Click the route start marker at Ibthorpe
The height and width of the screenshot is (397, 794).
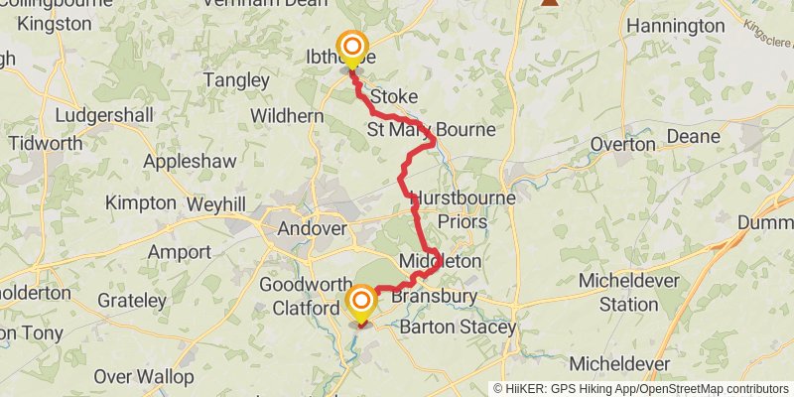(x=351, y=48)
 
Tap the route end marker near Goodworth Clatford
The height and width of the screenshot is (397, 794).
(x=360, y=302)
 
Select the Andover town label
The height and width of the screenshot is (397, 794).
(x=313, y=228)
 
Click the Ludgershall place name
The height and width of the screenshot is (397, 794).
(x=104, y=115)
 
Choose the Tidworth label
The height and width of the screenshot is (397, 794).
(x=46, y=143)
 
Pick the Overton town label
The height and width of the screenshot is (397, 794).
(x=622, y=144)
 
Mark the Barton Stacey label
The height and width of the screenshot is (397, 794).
(x=458, y=327)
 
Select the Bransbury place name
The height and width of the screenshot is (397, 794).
(x=434, y=296)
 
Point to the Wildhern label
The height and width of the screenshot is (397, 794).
(x=287, y=116)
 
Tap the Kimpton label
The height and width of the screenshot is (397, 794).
(x=140, y=202)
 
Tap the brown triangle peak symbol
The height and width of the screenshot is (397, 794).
(x=549, y=3)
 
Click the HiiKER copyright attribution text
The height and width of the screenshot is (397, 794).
(x=641, y=389)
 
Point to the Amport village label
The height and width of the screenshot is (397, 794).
(x=180, y=251)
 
